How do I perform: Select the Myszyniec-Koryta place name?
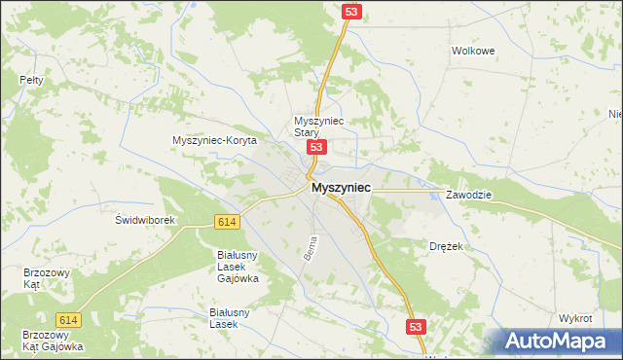pos(214,141)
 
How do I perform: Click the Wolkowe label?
pos(473,50)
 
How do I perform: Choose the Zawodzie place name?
pos(469,195)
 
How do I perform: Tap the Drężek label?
pos(446,247)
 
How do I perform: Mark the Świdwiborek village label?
pos(144,220)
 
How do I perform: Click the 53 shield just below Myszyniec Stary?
pos(315,147)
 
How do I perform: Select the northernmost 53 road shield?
pos(351,11)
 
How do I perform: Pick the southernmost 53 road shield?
pos(416,328)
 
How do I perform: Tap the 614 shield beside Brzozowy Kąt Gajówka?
pos(67,320)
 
